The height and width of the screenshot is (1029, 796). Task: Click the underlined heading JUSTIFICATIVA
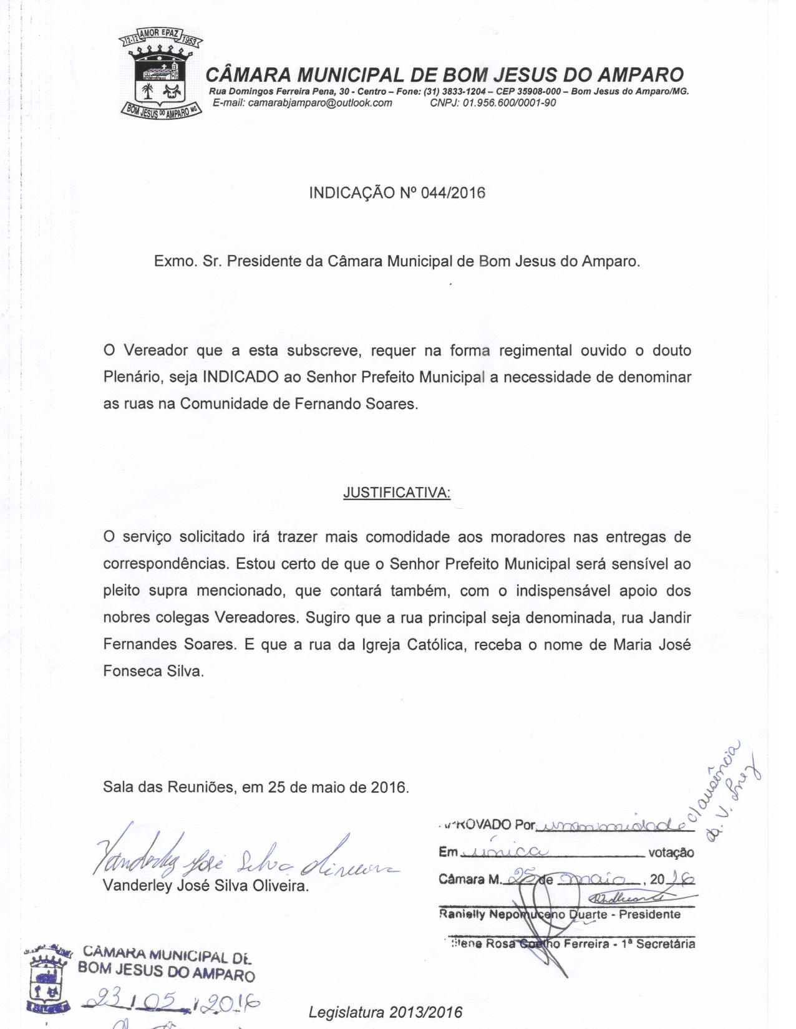click(397, 493)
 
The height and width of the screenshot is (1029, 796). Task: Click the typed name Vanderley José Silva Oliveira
click(206, 886)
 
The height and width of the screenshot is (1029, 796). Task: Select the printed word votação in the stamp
click(671, 853)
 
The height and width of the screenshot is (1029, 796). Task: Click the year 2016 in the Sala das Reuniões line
click(388, 787)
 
